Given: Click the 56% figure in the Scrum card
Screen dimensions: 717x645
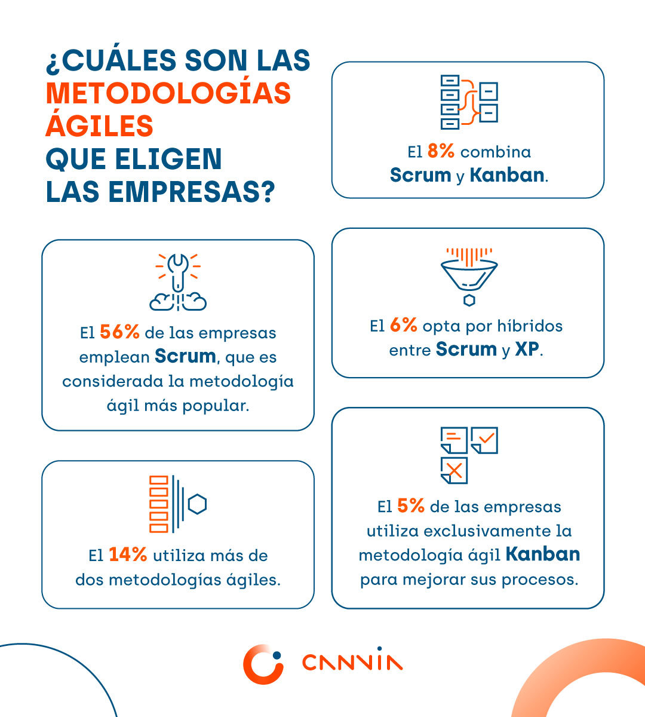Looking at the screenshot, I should click(x=119, y=332).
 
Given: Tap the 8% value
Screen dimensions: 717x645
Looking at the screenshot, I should click(x=441, y=152).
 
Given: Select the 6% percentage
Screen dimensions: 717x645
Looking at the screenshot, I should click(x=403, y=326).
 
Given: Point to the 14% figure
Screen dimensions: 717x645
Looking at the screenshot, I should click(x=128, y=555).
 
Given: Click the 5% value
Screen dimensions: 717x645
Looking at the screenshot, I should click(x=410, y=507).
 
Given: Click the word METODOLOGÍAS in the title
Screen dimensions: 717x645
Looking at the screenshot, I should click(x=168, y=94).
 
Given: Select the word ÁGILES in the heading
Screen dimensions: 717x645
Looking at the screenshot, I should click(x=100, y=126).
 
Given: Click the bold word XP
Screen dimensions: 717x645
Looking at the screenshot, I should click(x=527, y=350).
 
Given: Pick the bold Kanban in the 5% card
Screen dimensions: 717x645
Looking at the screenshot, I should click(x=542, y=554).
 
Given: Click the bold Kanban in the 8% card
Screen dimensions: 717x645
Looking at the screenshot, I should click(x=507, y=176).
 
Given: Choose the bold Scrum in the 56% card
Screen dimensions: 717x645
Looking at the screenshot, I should click(x=185, y=357).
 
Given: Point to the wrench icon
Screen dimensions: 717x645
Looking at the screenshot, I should click(x=178, y=272).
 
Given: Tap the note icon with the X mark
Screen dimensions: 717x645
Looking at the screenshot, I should click(x=454, y=470).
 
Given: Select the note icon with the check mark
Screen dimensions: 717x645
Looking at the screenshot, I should click(x=484, y=440).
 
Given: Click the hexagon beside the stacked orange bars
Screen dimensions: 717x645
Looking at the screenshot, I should click(x=197, y=504).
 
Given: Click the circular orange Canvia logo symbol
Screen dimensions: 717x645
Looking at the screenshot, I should click(x=263, y=664).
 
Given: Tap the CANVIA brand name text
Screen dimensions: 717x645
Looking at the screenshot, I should click(x=352, y=663).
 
